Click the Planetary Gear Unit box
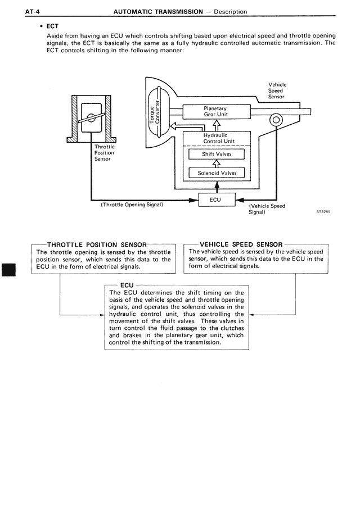pyautogui.click(x=216, y=111)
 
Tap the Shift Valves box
pyautogui.click(x=216, y=154)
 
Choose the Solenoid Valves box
pyautogui.click(x=217, y=173)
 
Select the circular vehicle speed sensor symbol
pyautogui.click(x=276, y=120)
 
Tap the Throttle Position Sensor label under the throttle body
pyautogui.click(x=104, y=153)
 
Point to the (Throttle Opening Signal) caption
pyautogui.click(x=132, y=205)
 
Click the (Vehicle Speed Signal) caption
pyautogui.click(x=267, y=209)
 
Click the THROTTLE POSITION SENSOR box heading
pyautogui.click(x=97, y=244)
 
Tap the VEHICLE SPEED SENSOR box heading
pyautogui.click(x=241, y=244)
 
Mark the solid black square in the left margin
pyautogui.click(x=11, y=269)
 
